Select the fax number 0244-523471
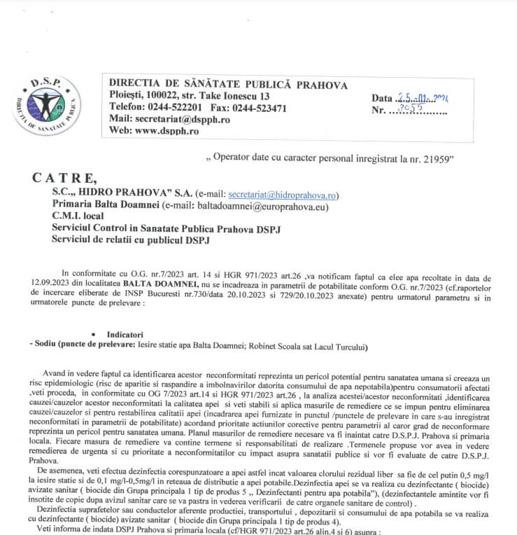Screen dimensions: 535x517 click(x=259, y=108)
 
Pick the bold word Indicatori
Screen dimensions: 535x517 click(x=125, y=335)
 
